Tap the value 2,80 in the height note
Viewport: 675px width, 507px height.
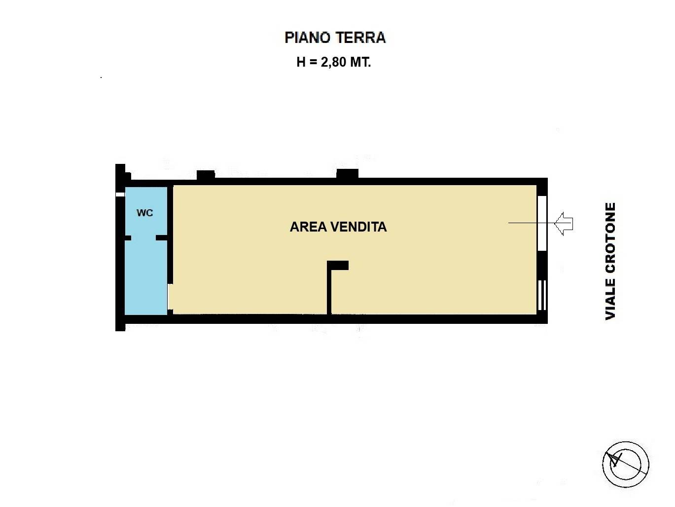click(x=333, y=63)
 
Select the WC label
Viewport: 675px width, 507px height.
click(x=144, y=213)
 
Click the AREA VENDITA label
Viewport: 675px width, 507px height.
click(x=338, y=227)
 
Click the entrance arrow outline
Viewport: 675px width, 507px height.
click(x=564, y=224)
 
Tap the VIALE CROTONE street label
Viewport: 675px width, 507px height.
click(x=610, y=261)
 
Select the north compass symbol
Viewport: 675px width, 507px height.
click(x=626, y=464)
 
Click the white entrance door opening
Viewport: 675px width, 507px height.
click(x=542, y=223)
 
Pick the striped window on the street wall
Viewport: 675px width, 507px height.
click(x=542, y=295)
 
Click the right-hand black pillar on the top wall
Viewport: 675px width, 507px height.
click(x=347, y=174)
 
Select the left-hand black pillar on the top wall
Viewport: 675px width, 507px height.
click(x=206, y=175)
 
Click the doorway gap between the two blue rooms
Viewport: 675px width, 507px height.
click(x=143, y=238)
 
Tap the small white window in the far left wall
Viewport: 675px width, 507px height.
click(x=120, y=195)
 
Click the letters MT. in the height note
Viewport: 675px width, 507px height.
click(x=360, y=63)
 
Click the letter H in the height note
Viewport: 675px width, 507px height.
click(x=301, y=63)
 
